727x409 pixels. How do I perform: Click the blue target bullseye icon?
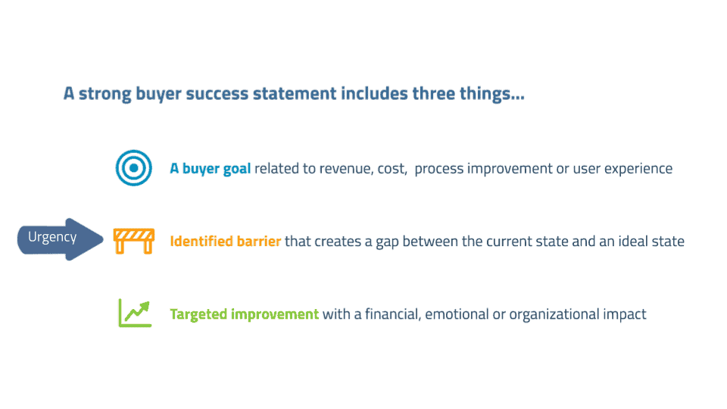[x=133, y=168]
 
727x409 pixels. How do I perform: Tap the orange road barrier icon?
[x=133, y=241]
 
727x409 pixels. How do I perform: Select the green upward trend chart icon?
[x=135, y=313]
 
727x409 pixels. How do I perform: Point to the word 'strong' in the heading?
[x=105, y=94]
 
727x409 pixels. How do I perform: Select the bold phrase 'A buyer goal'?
[x=210, y=169]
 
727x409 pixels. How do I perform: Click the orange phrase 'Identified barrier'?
[x=226, y=241]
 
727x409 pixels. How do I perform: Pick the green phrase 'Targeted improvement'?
[x=245, y=314]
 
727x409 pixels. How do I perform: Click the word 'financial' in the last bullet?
[x=392, y=314]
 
